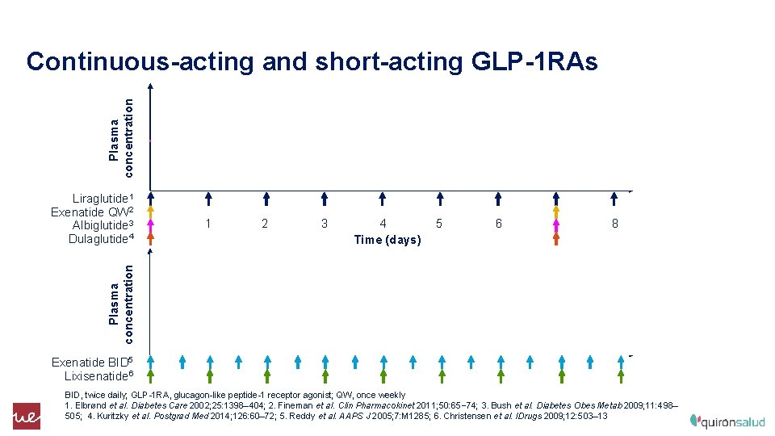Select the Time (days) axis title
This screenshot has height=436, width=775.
pyautogui.click(x=387, y=240)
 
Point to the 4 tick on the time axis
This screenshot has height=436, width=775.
pyautogui.click(x=383, y=224)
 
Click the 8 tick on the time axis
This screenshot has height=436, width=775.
pyautogui.click(x=614, y=224)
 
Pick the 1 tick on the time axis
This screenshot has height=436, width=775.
pyautogui.click(x=208, y=224)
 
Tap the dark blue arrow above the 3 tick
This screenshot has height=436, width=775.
pyautogui.click(x=325, y=199)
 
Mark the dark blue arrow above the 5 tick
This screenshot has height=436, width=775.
pyautogui.click(x=440, y=199)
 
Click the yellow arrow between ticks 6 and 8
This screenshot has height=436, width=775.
pyautogui.click(x=556, y=213)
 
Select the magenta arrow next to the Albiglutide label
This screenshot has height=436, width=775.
pyautogui.click(x=150, y=225)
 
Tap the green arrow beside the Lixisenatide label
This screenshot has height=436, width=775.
pyautogui.click(x=150, y=375)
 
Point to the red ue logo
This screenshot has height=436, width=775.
pyautogui.click(x=26, y=416)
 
